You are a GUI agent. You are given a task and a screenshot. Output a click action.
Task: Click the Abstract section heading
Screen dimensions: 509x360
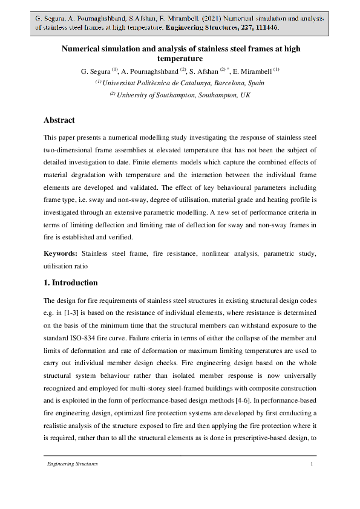tap(59, 120)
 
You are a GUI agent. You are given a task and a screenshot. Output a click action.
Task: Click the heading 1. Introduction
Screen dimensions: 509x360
tap(71, 282)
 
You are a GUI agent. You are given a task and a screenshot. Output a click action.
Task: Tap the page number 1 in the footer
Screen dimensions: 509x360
tap(312, 464)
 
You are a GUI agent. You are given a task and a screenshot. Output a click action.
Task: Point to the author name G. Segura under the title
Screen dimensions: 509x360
tap(95, 72)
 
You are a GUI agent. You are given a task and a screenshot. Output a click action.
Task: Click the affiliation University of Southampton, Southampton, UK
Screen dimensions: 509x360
tap(183, 95)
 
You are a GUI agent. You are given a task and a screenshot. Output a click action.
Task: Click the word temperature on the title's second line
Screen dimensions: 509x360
tap(180, 59)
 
